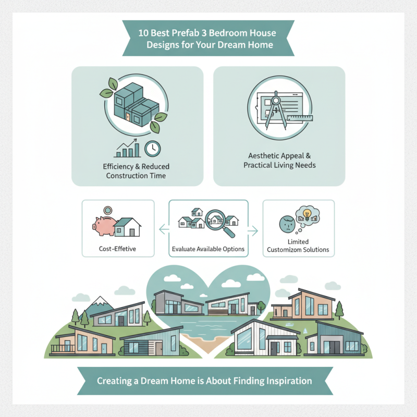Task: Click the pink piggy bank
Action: point(104,226)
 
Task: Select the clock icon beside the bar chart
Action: point(153,149)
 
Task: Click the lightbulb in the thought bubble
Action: point(307,214)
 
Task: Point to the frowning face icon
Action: point(287,224)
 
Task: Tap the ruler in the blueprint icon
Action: point(300,118)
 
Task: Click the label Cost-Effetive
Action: point(117,249)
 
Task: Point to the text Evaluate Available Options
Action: point(208,249)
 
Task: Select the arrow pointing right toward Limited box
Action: point(253,231)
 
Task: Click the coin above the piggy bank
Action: point(108,211)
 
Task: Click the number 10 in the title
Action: point(143,33)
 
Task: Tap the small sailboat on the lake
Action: point(305,330)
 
